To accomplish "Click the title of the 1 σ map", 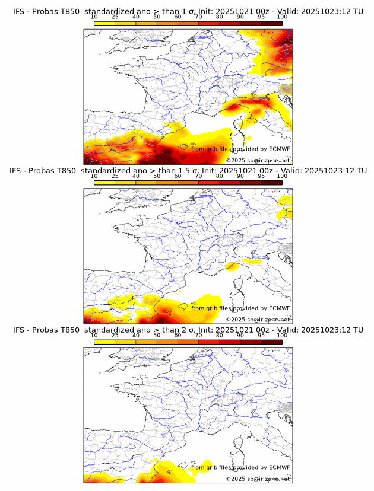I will click(188, 12).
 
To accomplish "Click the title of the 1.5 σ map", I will click(188, 171).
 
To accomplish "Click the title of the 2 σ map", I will click(188, 330).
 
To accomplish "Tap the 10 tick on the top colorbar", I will click(94, 17).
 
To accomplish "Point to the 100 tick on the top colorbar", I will click(282, 17).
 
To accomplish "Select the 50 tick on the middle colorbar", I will click(157, 176).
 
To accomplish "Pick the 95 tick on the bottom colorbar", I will click(261, 335).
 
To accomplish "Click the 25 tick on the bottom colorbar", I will click(115, 335).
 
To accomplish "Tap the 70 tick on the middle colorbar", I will click(198, 176).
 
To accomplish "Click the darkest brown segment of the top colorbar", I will click(271, 23).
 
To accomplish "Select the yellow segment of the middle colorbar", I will click(104, 182).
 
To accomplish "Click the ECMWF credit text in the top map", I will click(240, 149).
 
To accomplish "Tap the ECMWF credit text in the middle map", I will click(240, 308).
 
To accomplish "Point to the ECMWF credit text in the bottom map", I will click(240, 467).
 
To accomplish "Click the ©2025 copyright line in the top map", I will click(258, 160).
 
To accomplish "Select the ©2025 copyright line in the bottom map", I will click(258, 479).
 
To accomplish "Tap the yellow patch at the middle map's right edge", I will click(286, 208).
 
